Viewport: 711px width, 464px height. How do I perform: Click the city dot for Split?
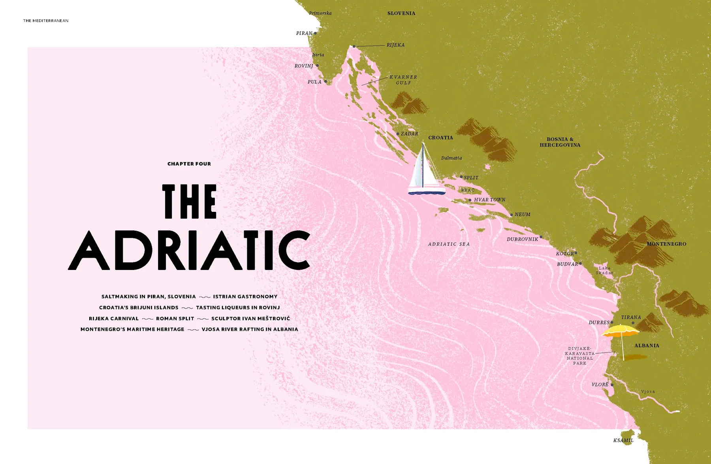click(461, 177)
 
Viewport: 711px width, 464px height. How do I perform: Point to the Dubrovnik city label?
click(522, 239)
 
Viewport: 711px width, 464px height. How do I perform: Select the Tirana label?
click(631, 317)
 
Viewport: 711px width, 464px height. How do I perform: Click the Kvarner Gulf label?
click(403, 80)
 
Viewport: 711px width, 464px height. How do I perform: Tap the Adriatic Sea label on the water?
click(449, 244)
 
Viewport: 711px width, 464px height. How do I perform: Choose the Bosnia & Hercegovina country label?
click(560, 142)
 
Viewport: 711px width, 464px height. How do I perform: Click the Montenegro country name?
click(666, 244)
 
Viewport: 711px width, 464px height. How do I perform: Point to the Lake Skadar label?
click(604, 270)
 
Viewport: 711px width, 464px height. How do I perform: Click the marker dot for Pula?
click(325, 81)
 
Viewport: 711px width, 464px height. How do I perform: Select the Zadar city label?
click(409, 134)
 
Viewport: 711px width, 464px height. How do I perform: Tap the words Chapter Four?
click(189, 164)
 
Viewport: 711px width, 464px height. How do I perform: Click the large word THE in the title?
click(190, 202)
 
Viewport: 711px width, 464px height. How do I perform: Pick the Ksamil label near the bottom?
click(623, 440)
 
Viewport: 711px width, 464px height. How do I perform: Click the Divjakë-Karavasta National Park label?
click(579, 356)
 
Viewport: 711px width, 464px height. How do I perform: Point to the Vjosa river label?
click(648, 392)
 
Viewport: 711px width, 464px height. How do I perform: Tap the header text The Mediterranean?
click(46, 21)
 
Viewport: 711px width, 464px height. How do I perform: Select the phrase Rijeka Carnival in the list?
click(114, 319)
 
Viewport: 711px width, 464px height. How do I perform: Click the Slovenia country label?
click(401, 13)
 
